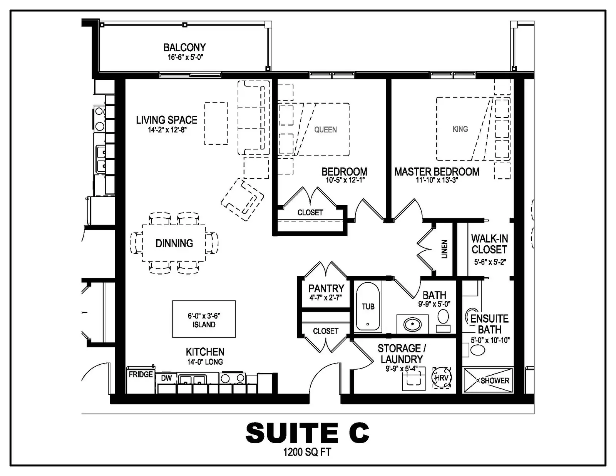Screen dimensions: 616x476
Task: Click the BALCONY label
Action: click(x=184, y=47)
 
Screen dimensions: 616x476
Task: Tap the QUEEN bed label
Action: click(x=325, y=130)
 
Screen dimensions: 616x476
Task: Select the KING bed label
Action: click(x=460, y=129)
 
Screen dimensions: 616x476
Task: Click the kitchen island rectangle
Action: click(x=204, y=319)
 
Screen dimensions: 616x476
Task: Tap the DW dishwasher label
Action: click(x=166, y=378)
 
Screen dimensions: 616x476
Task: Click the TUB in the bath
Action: click(x=368, y=306)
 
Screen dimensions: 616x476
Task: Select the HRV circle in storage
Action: click(x=441, y=378)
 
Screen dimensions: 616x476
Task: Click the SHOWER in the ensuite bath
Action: click(x=487, y=380)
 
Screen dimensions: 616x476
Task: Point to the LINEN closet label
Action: click(x=445, y=249)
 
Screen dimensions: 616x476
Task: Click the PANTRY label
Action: click(x=326, y=288)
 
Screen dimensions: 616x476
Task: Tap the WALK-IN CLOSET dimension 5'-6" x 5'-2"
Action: click(x=490, y=262)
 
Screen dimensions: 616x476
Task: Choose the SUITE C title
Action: click(x=307, y=432)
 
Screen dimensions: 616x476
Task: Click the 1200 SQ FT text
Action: click(x=307, y=452)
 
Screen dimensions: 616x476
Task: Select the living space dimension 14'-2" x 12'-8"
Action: click(x=167, y=130)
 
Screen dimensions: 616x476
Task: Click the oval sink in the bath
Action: click(x=412, y=324)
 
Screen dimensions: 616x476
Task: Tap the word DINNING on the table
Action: click(x=174, y=243)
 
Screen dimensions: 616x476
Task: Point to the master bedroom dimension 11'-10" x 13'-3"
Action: click(x=437, y=180)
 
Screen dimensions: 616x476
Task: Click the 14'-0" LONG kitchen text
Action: click(x=205, y=362)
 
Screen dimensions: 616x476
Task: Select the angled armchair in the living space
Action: click(x=243, y=199)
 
